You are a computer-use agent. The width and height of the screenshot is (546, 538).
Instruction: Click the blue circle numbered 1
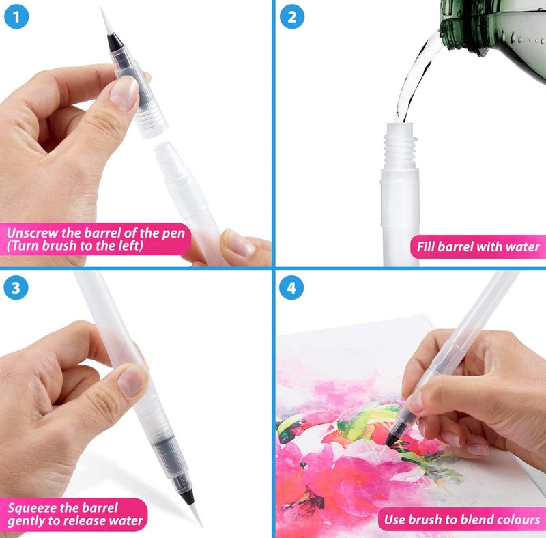[x=17, y=16]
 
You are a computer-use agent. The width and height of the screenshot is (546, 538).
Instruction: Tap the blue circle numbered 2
[x=291, y=16]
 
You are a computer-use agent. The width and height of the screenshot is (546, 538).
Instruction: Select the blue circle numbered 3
[x=17, y=288]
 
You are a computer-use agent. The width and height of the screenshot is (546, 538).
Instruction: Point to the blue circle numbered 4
[x=291, y=288]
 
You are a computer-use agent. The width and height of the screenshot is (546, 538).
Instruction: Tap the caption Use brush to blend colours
[x=461, y=520]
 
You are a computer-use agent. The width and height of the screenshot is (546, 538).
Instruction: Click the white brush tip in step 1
[x=106, y=20]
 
